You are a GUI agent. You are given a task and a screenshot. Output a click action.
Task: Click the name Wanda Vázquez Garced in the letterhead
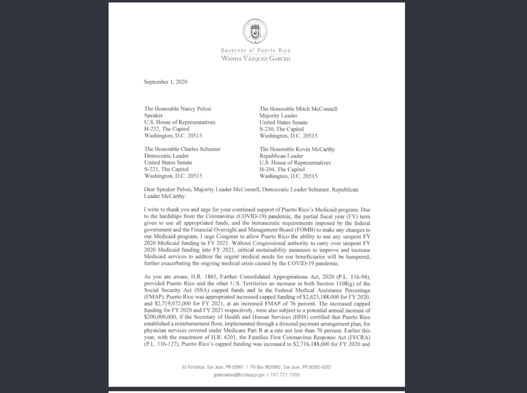pyautogui.click(x=256, y=58)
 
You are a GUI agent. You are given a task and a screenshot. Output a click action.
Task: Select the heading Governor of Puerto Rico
pyautogui.click(x=256, y=51)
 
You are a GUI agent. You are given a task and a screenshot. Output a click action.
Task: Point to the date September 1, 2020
pyautogui.click(x=166, y=82)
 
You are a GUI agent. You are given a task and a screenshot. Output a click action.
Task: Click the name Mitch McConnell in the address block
pyautogui.click(x=319, y=109)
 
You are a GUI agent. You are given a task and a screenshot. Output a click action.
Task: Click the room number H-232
pyautogui.click(x=153, y=129)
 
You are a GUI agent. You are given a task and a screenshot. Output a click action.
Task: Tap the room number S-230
pyautogui.click(x=267, y=129)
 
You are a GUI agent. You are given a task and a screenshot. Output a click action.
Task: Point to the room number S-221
pyautogui.click(x=152, y=169)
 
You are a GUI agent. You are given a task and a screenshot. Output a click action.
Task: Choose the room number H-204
pyautogui.click(x=268, y=169)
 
